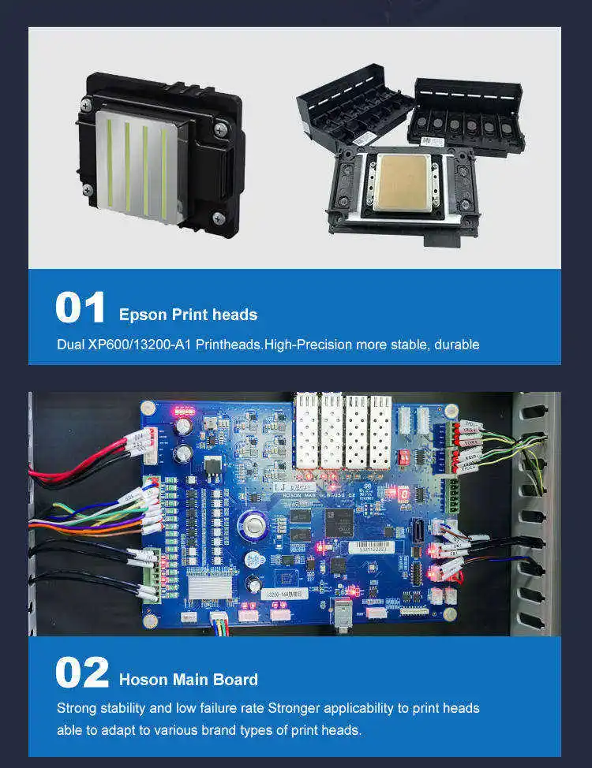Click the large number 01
80,308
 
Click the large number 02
81,673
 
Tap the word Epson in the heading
143,315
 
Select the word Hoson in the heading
144,680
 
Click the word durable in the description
454,345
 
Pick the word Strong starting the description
75,708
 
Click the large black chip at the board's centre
339,519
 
